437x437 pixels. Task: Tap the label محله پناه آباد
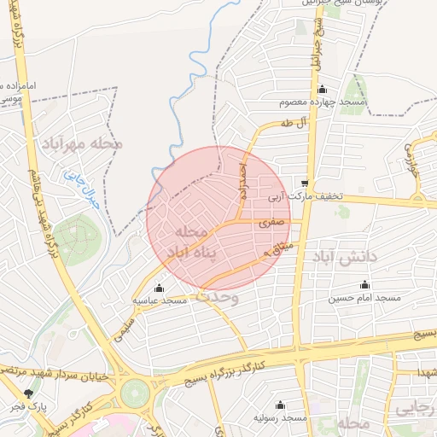pos(191,242)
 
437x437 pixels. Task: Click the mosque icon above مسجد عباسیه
pos(159,288)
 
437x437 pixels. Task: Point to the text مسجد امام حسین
pos(365,299)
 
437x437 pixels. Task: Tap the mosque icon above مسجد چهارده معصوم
pos(322,90)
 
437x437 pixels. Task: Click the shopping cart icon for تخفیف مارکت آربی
pos(305,184)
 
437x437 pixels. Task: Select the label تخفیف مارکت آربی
pos(306,196)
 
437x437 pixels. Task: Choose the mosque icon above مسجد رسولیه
pos(280,405)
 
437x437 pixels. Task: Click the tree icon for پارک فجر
pos(30,393)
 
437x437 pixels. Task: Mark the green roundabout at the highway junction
pos(135,393)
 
